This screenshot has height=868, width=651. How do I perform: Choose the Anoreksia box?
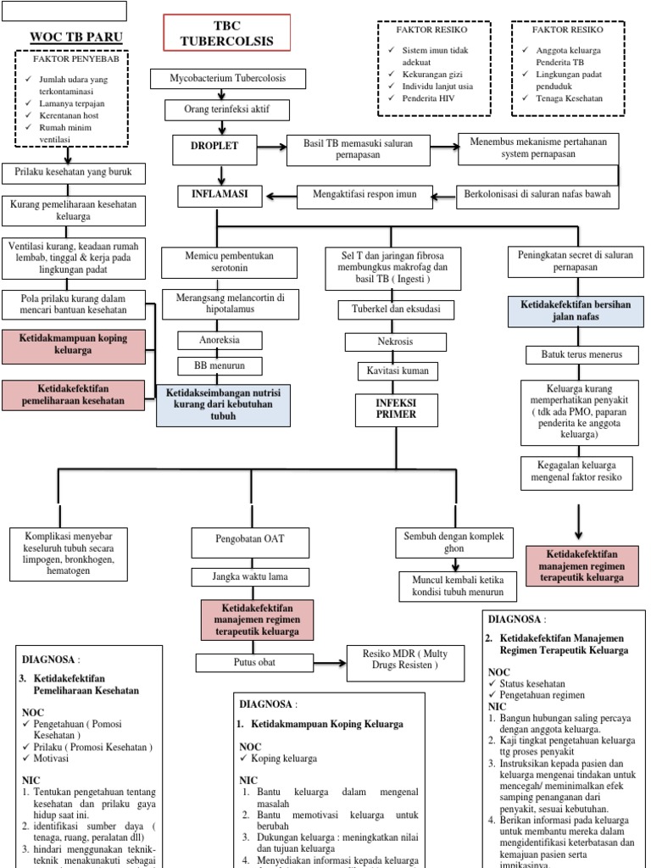tap(220, 340)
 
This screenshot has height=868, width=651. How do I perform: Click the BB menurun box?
tap(220, 366)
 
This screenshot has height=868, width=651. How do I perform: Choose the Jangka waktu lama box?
tap(249, 578)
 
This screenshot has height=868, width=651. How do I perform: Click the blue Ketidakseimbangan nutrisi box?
tap(223, 404)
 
